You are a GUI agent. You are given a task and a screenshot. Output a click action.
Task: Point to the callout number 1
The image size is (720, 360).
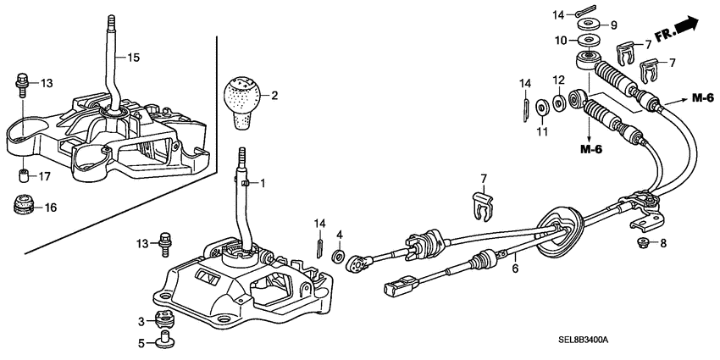[x=263, y=183]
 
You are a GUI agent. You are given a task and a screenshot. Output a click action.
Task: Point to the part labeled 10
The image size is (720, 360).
[x=585, y=41]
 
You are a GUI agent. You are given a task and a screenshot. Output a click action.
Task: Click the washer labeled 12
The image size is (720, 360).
[x=559, y=103]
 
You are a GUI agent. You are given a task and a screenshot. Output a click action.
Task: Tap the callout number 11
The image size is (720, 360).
[x=541, y=131]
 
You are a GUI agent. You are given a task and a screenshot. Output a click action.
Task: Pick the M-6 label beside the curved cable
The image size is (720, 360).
[x=702, y=99]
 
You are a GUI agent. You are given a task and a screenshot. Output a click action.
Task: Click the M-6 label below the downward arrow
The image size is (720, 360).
[x=591, y=150]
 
